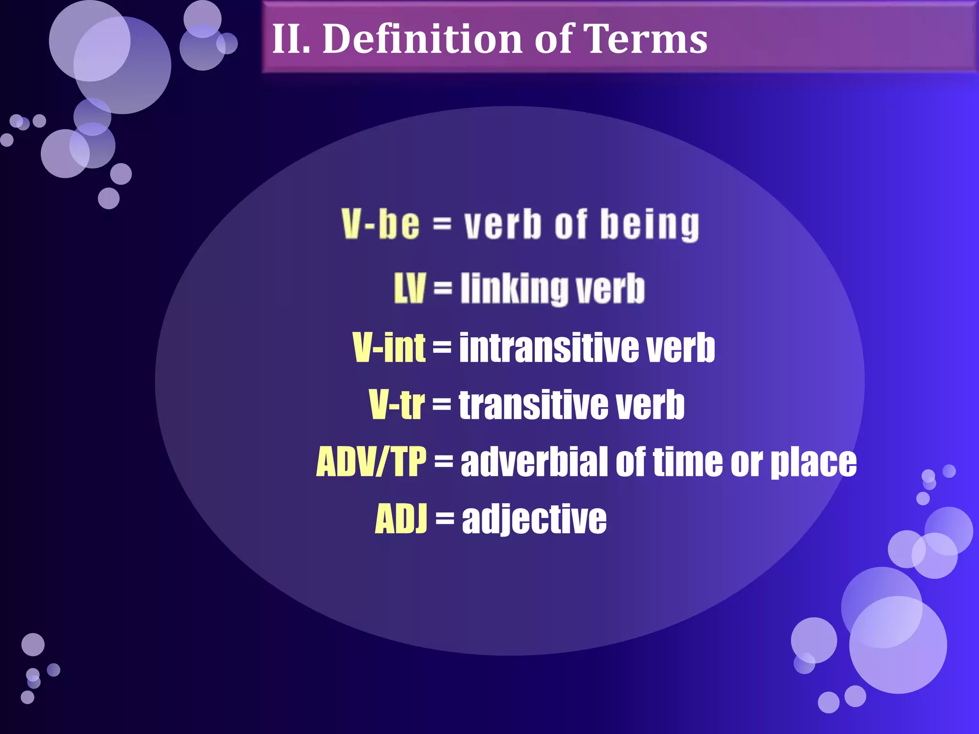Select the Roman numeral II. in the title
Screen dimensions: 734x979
click(x=291, y=39)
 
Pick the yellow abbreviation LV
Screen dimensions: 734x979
click(x=409, y=289)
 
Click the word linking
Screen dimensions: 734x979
click(x=514, y=289)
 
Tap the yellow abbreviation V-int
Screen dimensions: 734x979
click(x=389, y=347)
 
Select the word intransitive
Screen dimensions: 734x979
click(x=548, y=347)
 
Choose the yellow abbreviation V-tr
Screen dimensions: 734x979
click(x=396, y=405)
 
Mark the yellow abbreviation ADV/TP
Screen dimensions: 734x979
click(x=371, y=462)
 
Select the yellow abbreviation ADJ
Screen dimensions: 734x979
click(x=401, y=519)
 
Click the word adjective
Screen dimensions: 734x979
click(x=534, y=519)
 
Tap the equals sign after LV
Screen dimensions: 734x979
click(x=443, y=288)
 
